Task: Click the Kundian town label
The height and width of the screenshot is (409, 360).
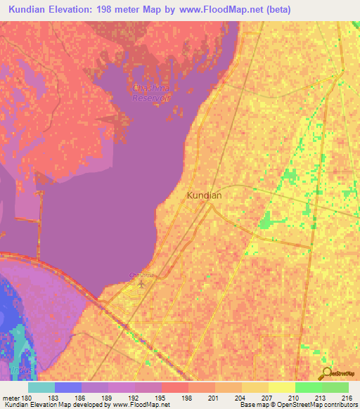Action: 205,196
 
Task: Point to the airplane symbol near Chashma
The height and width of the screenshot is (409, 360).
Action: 143,284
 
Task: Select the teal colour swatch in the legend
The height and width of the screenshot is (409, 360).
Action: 41,387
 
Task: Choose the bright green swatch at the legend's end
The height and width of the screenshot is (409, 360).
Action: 335,387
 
